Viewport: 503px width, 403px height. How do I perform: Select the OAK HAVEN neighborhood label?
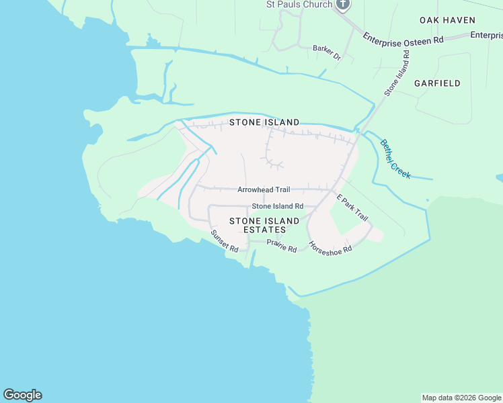[447, 20]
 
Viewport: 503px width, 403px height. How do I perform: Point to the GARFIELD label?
[437, 83]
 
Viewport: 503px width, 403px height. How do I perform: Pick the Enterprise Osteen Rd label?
[403, 40]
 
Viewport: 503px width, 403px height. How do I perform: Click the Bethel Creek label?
[395, 159]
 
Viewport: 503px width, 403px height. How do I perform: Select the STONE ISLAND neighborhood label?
[264, 122]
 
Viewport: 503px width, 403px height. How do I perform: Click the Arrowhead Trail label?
[264, 190]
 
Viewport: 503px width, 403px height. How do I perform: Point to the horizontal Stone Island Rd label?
[278, 206]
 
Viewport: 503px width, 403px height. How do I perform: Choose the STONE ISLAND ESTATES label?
[264, 225]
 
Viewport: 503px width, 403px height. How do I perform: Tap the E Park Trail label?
[352, 208]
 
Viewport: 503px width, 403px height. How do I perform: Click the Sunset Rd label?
[225, 241]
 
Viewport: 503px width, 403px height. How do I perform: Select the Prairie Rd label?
[282, 246]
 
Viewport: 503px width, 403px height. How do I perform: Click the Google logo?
[22, 395]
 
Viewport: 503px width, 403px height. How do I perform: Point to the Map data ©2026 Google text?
[461, 398]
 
